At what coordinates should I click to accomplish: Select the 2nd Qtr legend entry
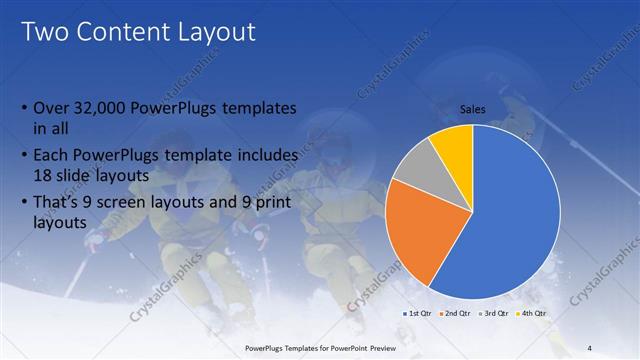458,313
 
